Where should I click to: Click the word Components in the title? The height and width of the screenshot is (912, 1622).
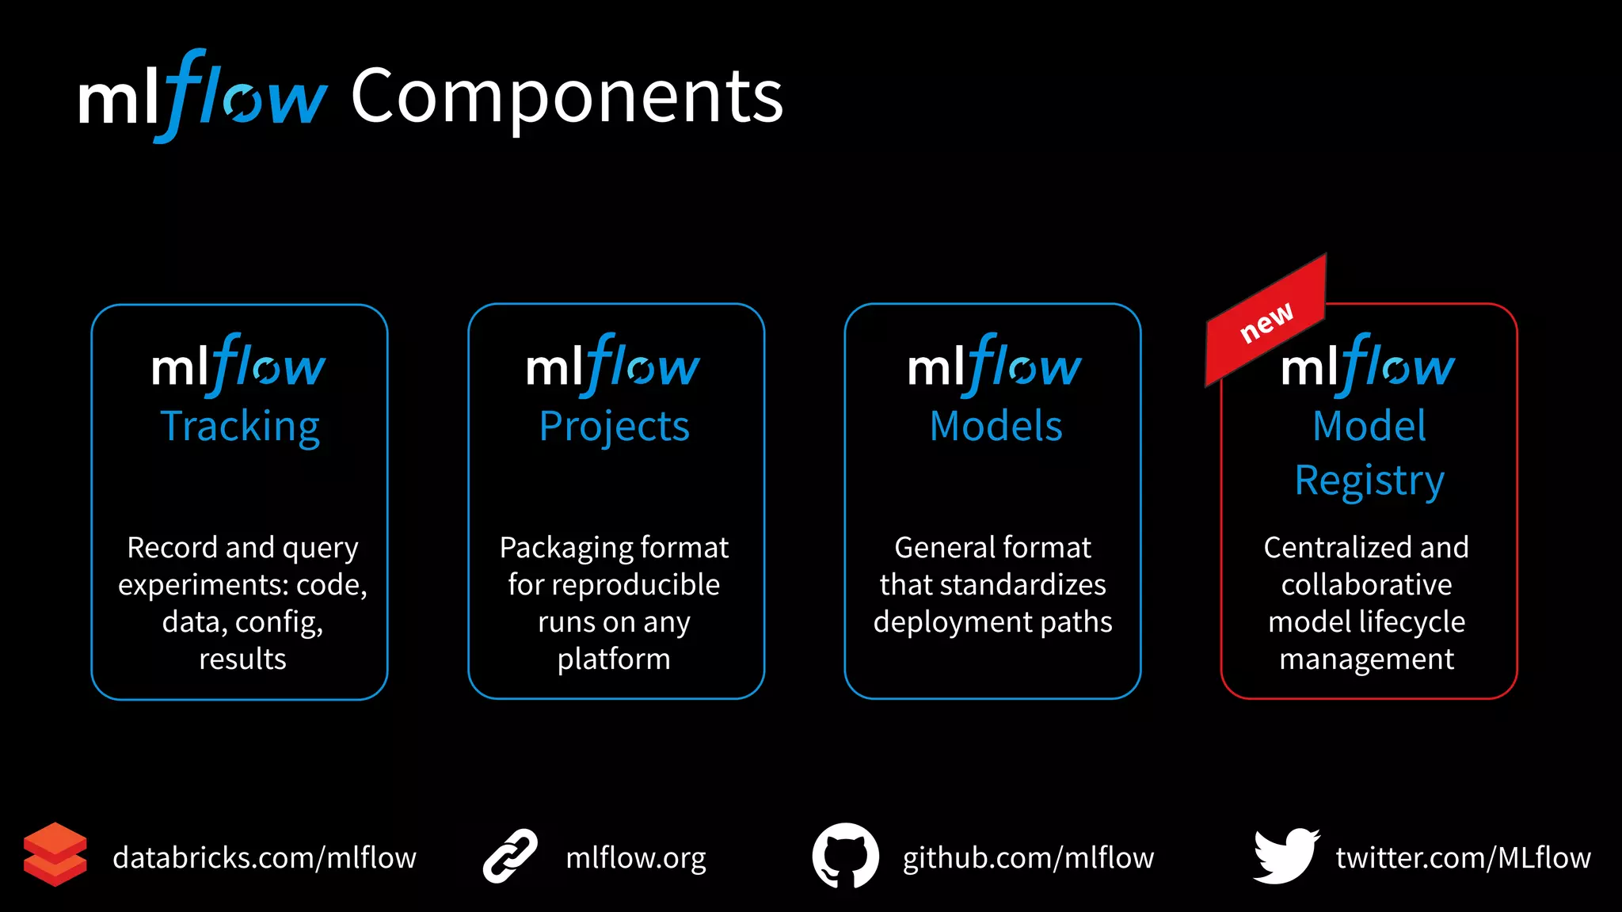pyautogui.click(x=566, y=97)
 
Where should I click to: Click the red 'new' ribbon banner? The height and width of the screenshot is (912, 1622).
pyautogui.click(x=1266, y=321)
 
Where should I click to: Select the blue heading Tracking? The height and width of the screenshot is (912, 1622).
pyautogui.click(x=240, y=427)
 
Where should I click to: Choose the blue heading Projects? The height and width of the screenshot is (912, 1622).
pyautogui.click(x=614, y=427)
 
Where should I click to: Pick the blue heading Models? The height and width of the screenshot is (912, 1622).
pyautogui.click(x=996, y=427)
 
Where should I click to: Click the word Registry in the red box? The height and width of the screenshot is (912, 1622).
pyautogui.click(x=1369, y=481)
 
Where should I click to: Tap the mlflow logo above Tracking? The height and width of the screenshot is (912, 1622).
pyautogui.click(x=238, y=366)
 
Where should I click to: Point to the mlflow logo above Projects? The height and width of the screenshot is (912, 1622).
pyautogui.click(x=613, y=366)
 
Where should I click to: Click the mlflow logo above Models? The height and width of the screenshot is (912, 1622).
pyautogui.click(x=994, y=366)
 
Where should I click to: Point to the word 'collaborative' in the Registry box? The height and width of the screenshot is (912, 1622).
pyautogui.click(x=1366, y=585)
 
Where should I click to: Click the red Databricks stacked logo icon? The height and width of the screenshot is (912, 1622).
pyautogui.click(x=55, y=854)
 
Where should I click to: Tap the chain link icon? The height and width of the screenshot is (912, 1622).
pyautogui.click(x=510, y=856)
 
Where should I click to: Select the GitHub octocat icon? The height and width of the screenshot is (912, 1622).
pyautogui.click(x=845, y=856)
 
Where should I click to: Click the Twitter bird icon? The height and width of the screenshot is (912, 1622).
pyautogui.click(x=1285, y=856)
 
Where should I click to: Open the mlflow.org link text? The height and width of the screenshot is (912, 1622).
pyautogui.click(x=636, y=858)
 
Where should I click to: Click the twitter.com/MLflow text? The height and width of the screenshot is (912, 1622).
pyautogui.click(x=1463, y=858)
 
